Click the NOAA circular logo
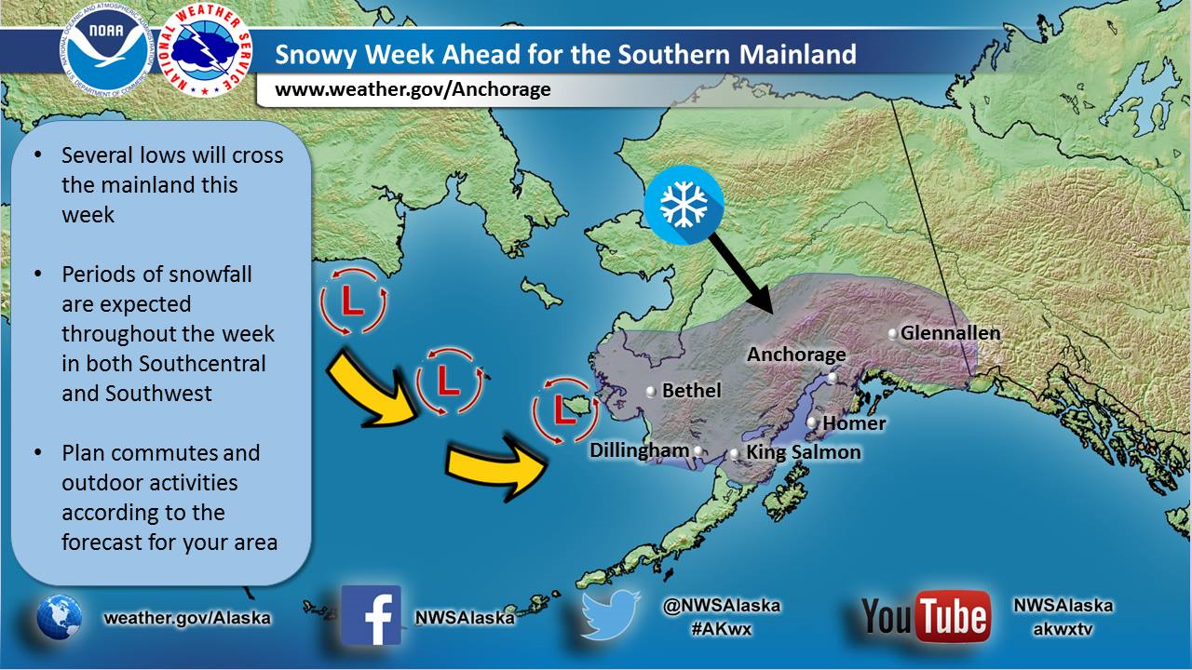106,53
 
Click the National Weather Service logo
205,52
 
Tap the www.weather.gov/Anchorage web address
413,88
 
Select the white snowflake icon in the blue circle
684,205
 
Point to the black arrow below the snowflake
739,274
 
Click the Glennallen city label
951,333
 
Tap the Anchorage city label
796,355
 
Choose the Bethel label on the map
691,391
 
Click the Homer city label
854,423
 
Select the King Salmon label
804,452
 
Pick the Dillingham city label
639,451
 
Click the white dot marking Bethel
651,392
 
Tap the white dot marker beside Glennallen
893,334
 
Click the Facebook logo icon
371,615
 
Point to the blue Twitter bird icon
610,614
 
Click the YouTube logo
926,616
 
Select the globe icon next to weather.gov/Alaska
59,617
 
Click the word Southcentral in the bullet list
202,364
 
